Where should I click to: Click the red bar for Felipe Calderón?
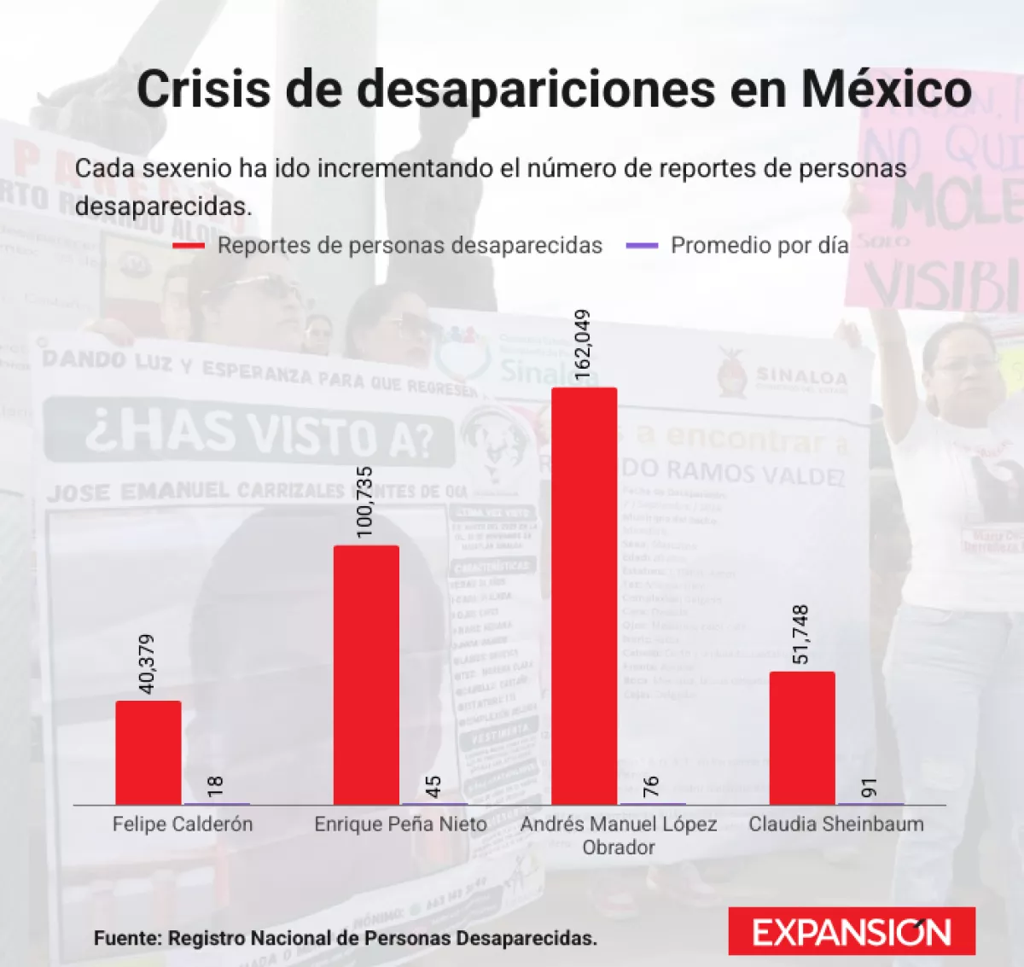tap(148, 752)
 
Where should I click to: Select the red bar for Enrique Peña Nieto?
tap(366, 674)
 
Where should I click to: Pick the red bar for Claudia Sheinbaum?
tap(802, 737)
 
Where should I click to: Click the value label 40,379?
tap(147, 664)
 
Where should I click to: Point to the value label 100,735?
tap(365, 502)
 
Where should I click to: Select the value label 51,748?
tap(800, 635)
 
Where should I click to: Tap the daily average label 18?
tap(216, 786)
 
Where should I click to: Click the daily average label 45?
tap(433, 786)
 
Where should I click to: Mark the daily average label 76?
tap(651, 786)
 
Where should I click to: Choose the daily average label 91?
tap(870, 786)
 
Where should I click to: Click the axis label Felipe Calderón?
tap(183, 824)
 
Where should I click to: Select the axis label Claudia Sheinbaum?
tap(836, 824)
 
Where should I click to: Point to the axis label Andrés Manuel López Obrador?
tap(619, 836)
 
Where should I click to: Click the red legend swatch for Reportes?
tap(189, 246)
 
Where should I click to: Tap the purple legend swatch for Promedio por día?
tap(643, 246)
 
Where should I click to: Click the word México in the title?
tap(886, 89)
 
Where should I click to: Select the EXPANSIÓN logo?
tap(852, 931)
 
